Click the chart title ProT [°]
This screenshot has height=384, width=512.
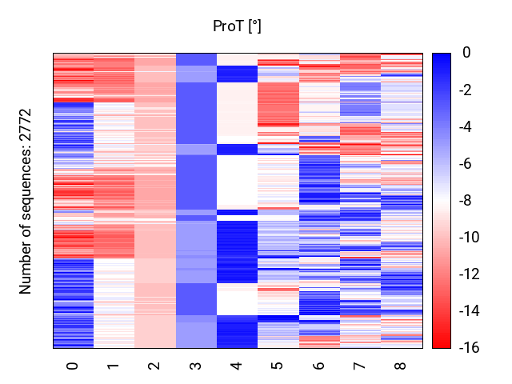pyautogui.click(x=237, y=26)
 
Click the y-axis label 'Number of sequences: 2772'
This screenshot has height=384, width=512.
pyautogui.click(x=26, y=201)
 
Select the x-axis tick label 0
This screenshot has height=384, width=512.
pyautogui.click(x=74, y=366)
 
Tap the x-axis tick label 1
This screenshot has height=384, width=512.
pyautogui.click(x=114, y=366)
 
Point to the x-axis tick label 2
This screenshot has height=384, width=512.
pyautogui.click(x=155, y=366)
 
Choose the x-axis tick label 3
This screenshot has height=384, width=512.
pyautogui.click(x=196, y=366)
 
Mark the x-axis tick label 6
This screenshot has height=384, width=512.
pyautogui.click(x=319, y=366)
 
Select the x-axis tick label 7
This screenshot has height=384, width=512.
pyautogui.click(x=360, y=366)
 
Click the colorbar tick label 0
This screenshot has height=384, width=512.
pyautogui.click(x=466, y=54)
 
